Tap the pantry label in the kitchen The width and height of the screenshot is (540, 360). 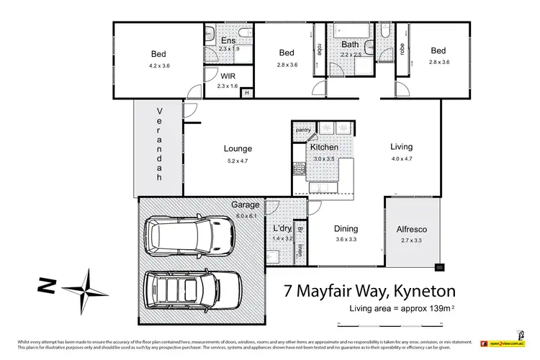(x=302, y=130)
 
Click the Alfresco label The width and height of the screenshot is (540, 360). (x=410, y=229)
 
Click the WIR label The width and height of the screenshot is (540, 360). (x=228, y=76)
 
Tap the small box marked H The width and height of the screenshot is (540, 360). (x=247, y=92)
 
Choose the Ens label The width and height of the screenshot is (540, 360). (x=228, y=40)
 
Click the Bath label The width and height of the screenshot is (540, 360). (x=350, y=44)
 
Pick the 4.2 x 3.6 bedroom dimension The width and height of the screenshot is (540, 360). (x=158, y=66)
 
